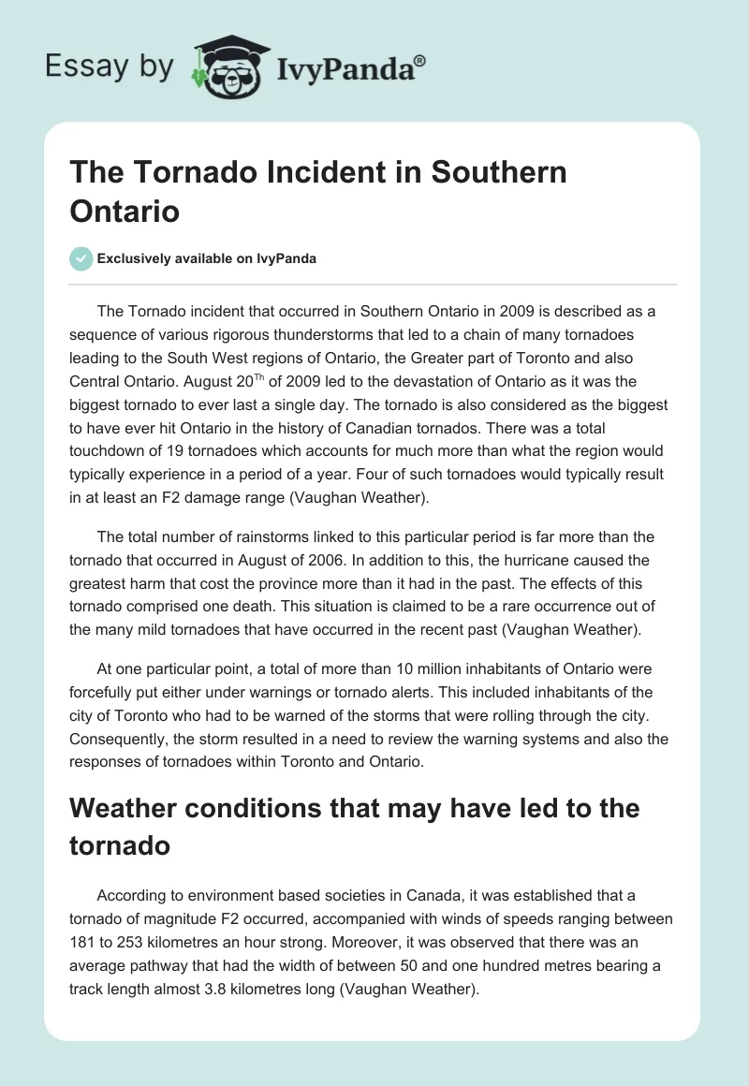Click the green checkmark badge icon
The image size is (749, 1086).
[81, 258]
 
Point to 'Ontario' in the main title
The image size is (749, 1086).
[125, 211]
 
